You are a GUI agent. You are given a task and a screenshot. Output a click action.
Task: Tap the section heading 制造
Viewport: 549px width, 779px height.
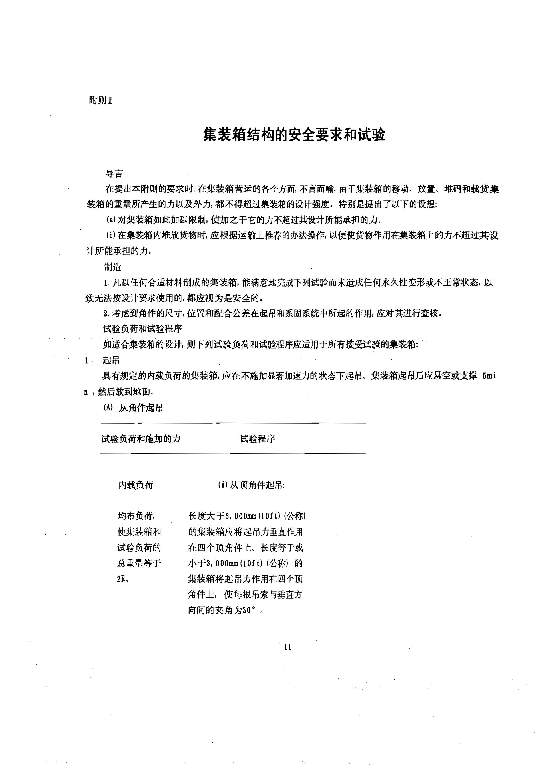tap(113, 267)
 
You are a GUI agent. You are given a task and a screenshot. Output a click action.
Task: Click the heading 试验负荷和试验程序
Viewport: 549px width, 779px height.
tap(143, 329)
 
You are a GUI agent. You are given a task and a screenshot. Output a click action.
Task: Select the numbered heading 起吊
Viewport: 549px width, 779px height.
tap(111, 360)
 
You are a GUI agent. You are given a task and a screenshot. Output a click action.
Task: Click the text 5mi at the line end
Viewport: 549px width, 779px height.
tap(489, 376)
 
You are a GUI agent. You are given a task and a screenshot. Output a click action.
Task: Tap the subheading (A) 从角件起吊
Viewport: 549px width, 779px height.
tap(133, 408)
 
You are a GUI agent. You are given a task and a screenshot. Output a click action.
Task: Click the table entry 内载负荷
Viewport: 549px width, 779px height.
tap(136, 485)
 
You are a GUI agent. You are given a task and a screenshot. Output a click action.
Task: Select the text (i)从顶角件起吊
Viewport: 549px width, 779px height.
tap(251, 485)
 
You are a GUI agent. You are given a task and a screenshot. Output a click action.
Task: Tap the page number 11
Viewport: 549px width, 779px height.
tap(287, 647)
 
